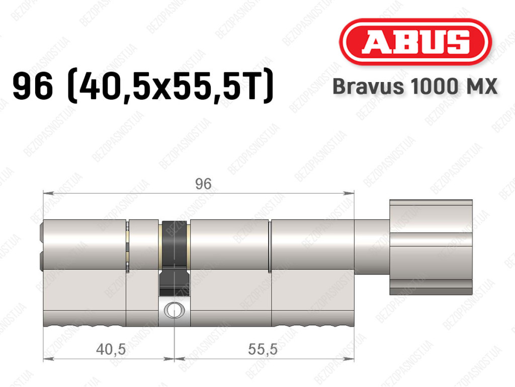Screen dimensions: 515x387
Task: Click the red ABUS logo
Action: (x=415, y=42)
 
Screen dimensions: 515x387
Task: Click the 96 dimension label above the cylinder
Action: (x=203, y=184)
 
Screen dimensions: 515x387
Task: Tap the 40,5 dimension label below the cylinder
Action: (x=111, y=349)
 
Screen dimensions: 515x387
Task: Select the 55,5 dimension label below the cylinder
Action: (x=263, y=349)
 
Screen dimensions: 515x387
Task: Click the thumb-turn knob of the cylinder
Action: (x=431, y=247)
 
